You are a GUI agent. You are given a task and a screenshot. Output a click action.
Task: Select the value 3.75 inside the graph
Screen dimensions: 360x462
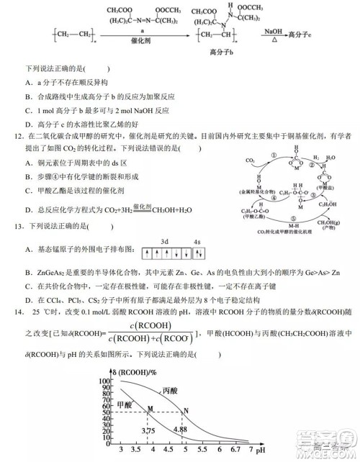(x=150, y=430)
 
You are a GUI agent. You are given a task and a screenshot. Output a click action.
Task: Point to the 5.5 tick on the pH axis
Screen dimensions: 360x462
(x=202, y=450)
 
